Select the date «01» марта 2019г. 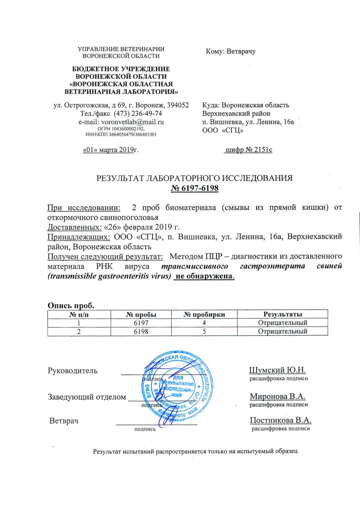(x=110, y=150)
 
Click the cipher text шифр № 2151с (x=248, y=150)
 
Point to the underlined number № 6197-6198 (x=195, y=188)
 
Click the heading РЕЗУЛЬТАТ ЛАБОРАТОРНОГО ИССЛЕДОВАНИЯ (x=194, y=178)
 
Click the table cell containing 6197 (x=141, y=323)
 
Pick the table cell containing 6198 (x=141, y=332)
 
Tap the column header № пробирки (x=204, y=314)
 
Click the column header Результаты (x=283, y=314)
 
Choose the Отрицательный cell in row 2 (x=283, y=332)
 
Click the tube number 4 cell (x=204, y=323)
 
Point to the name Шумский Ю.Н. (x=278, y=370)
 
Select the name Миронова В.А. (x=278, y=397)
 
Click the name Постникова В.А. (x=280, y=421)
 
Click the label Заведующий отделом (x=87, y=397)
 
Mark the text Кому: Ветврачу (x=231, y=51)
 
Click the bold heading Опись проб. (x=71, y=305)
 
